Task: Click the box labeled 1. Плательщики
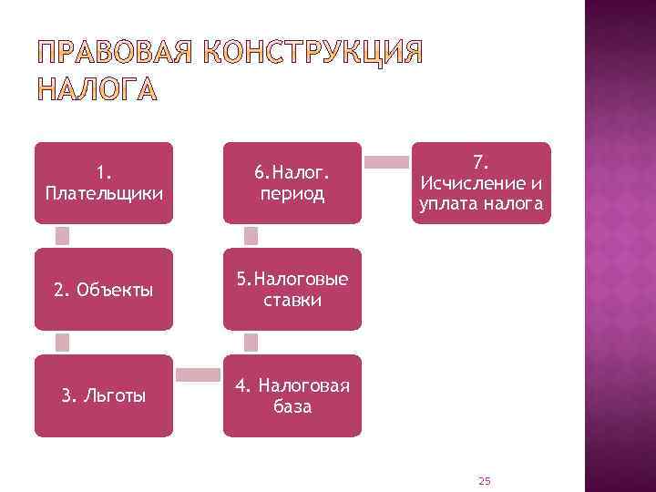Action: tap(103, 182)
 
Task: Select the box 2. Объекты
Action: tap(103, 289)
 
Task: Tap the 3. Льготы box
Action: tap(103, 395)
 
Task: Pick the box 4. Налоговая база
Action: tap(292, 395)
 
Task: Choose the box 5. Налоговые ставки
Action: tap(292, 289)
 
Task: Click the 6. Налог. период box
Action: tap(292, 182)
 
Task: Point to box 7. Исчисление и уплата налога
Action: tap(481, 182)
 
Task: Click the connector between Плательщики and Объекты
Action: tap(63, 236)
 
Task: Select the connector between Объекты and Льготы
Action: tap(63, 343)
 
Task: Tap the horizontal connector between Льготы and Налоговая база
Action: tap(198, 374)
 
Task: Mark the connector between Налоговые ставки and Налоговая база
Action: tap(251, 343)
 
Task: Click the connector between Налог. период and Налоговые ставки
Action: tap(251, 236)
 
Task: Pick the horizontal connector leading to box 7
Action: tap(386, 162)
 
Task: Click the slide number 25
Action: tap(484, 479)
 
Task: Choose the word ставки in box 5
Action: tap(292, 300)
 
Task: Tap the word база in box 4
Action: tap(292, 406)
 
